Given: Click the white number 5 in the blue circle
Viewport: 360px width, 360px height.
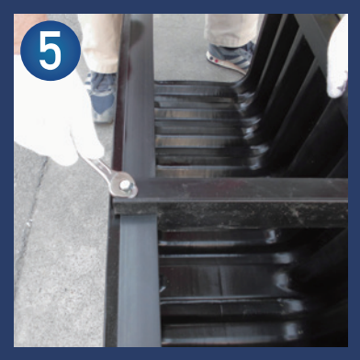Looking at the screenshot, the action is tap(51, 51).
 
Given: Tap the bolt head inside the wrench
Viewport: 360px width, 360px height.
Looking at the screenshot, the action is tap(125, 185).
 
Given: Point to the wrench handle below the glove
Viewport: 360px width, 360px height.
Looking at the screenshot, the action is tap(98, 167).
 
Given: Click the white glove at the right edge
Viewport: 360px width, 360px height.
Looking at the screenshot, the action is tap(338, 58).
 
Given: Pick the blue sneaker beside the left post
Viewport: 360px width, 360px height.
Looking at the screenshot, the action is tap(101, 96).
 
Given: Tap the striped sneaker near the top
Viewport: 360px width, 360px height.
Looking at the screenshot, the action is tap(231, 57).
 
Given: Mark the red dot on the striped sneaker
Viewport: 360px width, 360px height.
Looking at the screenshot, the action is tap(217, 61).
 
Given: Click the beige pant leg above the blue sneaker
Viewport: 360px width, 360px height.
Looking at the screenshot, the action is tap(99, 43).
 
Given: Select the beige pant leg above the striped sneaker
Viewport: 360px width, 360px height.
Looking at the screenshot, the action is tap(231, 29).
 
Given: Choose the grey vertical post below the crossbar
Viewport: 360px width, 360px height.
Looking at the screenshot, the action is tap(139, 280).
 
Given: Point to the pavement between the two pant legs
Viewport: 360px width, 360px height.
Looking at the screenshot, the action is tap(179, 46).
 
